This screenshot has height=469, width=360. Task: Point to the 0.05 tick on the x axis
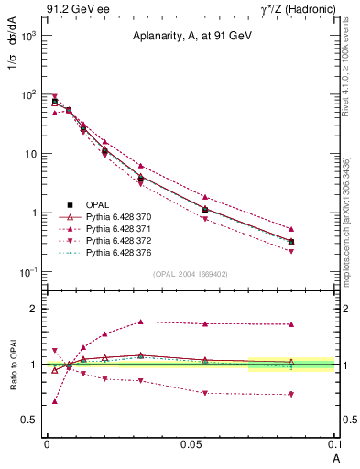(190, 443)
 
